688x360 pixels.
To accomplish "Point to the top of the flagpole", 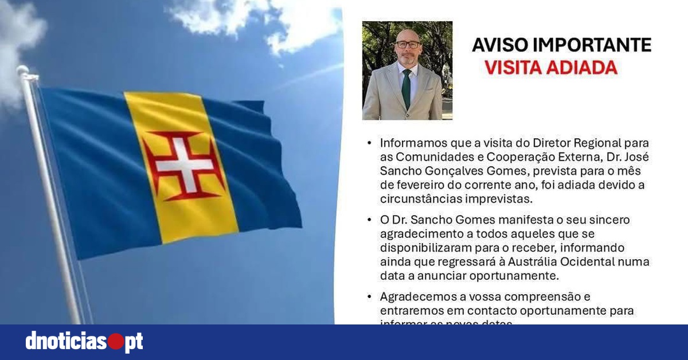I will pyautogui.click(x=23, y=71).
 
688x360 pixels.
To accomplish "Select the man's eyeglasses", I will pyautogui.click(x=408, y=44).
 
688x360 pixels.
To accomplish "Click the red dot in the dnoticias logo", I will pyautogui.click(x=116, y=342).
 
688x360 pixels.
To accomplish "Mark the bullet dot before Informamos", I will pyautogui.click(x=368, y=143).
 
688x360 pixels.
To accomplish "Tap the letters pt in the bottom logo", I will pyautogui.click(x=134, y=342).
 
